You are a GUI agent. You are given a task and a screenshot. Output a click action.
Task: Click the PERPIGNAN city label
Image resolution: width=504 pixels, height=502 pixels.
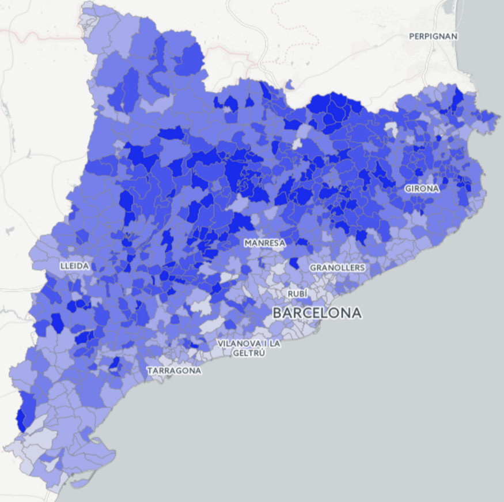tap(433, 36)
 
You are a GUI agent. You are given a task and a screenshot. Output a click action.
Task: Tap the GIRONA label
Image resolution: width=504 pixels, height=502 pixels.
tap(422, 188)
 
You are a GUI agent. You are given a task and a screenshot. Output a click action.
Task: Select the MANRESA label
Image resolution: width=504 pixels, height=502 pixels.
tap(264, 243)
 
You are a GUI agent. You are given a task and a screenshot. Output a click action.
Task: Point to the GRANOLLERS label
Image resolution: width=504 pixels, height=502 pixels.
tap(337, 268)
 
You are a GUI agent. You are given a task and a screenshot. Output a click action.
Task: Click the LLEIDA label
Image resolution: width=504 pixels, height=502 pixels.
tap(75, 266)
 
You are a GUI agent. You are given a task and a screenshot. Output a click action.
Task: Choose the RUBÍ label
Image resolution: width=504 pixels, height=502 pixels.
tap(298, 294)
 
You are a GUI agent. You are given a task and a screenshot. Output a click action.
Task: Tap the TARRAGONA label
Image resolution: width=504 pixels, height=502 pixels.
tap(174, 371)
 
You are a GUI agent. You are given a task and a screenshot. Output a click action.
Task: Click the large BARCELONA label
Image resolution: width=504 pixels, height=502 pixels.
tap(317, 313)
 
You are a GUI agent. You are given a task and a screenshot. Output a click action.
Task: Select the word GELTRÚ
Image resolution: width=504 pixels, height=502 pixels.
tap(249, 353)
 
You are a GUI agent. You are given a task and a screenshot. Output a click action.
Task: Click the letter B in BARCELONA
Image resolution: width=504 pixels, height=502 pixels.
tap(278, 313)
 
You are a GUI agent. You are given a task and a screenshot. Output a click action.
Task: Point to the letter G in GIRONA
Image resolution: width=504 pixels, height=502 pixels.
tap(407, 188)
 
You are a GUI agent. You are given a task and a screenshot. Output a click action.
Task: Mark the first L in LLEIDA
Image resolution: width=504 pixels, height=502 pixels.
tap(62, 266)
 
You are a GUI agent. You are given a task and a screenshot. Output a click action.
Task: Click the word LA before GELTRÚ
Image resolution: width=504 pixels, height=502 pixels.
tap(275, 344)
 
